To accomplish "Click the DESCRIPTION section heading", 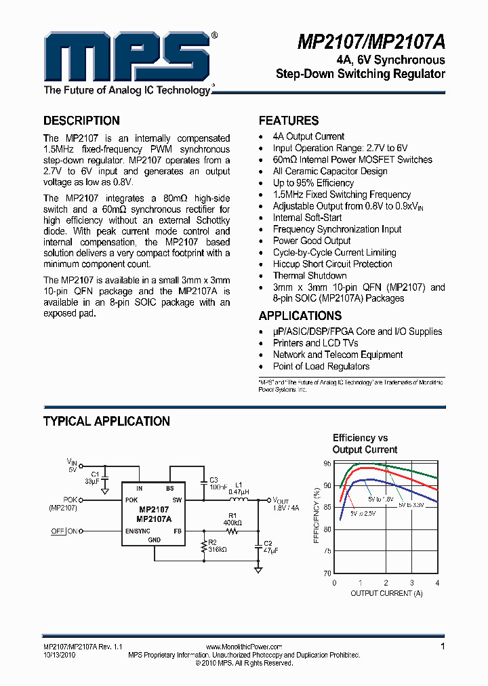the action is [81, 121].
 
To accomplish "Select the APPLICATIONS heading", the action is [300, 316].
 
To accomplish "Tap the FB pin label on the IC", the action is [178, 531].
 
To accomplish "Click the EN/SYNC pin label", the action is [138, 531].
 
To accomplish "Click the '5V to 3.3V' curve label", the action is [411, 506].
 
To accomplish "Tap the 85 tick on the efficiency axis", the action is [327, 508].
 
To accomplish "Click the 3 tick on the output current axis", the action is [411, 583].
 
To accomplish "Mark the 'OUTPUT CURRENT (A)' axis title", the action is [386, 594].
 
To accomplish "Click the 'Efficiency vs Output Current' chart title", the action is [365, 444].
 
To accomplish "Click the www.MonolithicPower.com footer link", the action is [244, 647].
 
